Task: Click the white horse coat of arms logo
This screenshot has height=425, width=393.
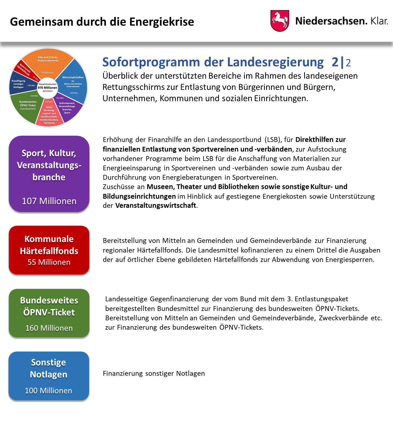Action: [280, 21]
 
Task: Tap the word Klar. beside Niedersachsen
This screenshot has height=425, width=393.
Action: [379, 21]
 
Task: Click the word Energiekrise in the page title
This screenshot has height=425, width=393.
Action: [162, 22]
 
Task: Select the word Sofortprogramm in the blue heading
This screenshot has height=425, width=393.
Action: [151, 62]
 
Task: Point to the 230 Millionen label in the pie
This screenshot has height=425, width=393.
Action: [47, 73]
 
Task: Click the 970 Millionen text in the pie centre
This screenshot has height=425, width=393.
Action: [47, 88]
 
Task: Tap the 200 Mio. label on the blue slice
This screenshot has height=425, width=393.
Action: [74, 93]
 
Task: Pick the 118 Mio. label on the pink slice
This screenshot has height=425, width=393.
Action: [49, 102]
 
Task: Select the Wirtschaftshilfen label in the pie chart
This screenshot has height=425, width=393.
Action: [73, 77]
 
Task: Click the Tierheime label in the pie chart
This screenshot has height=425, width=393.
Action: [49, 123]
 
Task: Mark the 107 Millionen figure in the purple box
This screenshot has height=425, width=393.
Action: [49, 201]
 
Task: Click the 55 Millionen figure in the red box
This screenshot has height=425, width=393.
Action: [49, 262]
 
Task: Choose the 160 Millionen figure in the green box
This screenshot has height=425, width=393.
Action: [49, 328]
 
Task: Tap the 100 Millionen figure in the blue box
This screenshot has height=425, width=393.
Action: [48, 391]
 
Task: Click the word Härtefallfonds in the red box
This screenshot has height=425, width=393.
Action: [49, 251]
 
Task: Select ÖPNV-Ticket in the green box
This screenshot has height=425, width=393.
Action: [49, 312]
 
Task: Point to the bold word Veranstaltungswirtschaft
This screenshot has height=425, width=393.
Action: [156, 205]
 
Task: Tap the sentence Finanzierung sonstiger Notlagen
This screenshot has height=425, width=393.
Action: [154, 373]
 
